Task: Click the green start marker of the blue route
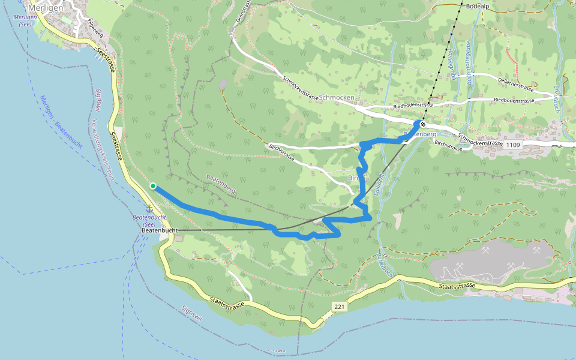pyautogui.click(x=153, y=186)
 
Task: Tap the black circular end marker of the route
pyautogui.click(x=423, y=124)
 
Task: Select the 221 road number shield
pyautogui.click(x=340, y=307)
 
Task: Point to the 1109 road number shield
pyautogui.click(x=513, y=145)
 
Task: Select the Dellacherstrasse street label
pyautogui.click(x=515, y=84)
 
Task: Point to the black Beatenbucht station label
pyautogui.click(x=160, y=230)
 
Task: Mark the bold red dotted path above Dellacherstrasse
pyautogui.click(x=511, y=58)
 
